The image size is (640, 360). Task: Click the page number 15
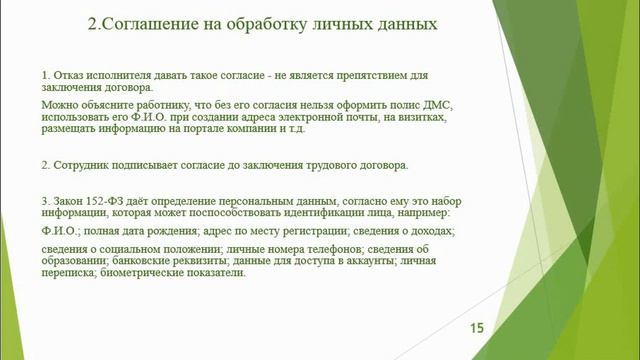(476, 327)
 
